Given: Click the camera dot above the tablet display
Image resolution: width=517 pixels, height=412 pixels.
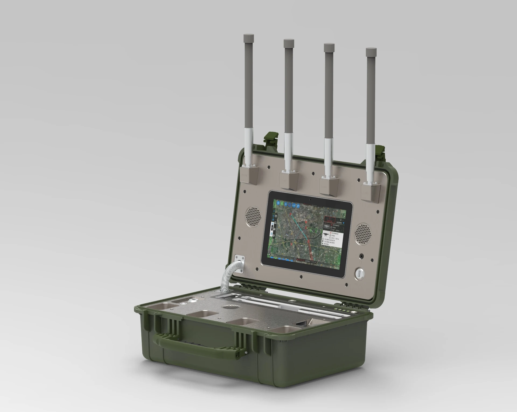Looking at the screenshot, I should pos(310,200).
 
